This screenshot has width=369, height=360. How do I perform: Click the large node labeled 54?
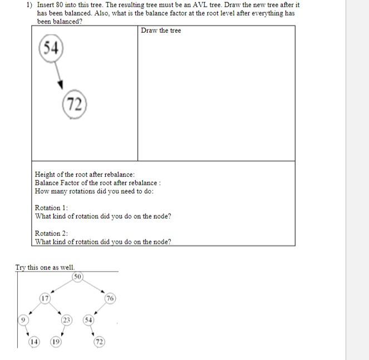click(51, 48)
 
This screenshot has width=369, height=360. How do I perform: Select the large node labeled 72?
click(74, 104)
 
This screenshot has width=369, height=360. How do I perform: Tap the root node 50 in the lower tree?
click(77, 277)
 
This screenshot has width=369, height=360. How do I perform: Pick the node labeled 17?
click(45, 298)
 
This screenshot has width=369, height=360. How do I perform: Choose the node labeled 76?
click(110, 298)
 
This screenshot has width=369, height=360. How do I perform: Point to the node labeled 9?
click(23, 320)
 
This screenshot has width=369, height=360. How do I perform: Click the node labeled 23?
click(67, 320)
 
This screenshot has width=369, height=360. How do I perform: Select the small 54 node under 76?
click(88, 320)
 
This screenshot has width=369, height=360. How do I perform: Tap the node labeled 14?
click(34, 342)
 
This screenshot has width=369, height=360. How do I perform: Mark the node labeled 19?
click(56, 342)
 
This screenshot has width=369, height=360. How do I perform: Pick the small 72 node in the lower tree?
click(99, 342)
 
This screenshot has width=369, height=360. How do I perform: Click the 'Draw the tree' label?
click(161, 30)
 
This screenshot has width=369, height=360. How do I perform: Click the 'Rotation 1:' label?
click(51, 208)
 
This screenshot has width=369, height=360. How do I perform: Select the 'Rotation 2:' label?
click(51, 233)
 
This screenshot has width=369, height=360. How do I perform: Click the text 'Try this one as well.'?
click(45, 267)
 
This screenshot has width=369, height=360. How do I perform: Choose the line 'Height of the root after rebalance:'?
click(85, 174)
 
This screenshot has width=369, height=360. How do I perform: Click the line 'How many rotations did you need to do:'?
click(94, 191)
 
